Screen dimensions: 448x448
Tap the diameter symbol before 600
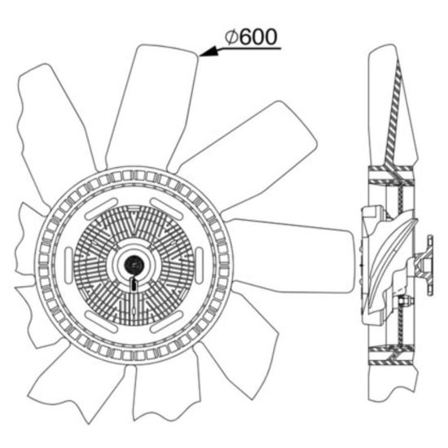(231, 37)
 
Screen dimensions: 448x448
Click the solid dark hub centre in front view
(133, 264)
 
